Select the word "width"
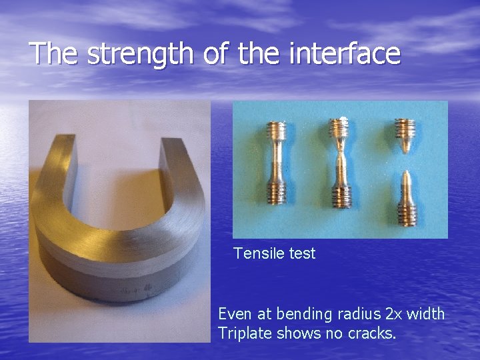(x=428, y=314)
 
